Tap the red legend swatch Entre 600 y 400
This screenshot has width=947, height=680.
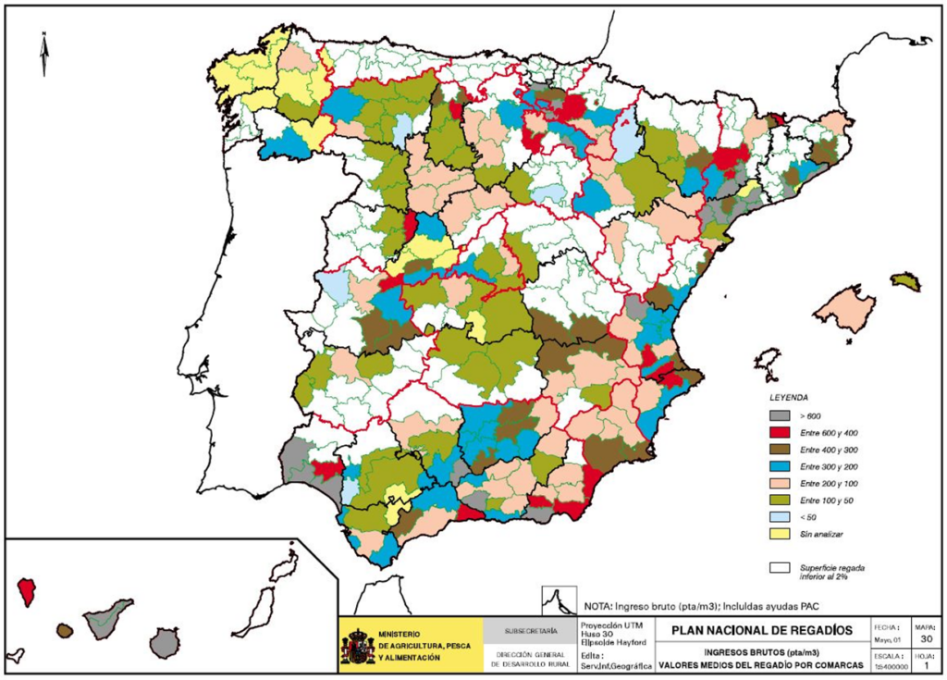(781, 433)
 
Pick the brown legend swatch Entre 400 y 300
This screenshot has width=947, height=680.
(781, 450)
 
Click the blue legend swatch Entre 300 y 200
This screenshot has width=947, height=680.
(781, 466)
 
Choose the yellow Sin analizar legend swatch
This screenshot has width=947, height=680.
(781, 533)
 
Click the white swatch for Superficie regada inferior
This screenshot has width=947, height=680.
(781, 568)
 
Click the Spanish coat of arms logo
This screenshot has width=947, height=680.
(358, 646)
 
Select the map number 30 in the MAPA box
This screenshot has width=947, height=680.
(928, 639)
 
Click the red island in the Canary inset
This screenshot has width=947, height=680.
(27, 590)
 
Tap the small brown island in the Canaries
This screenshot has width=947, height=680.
(64, 630)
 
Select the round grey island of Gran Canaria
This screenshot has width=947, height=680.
(165, 641)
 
